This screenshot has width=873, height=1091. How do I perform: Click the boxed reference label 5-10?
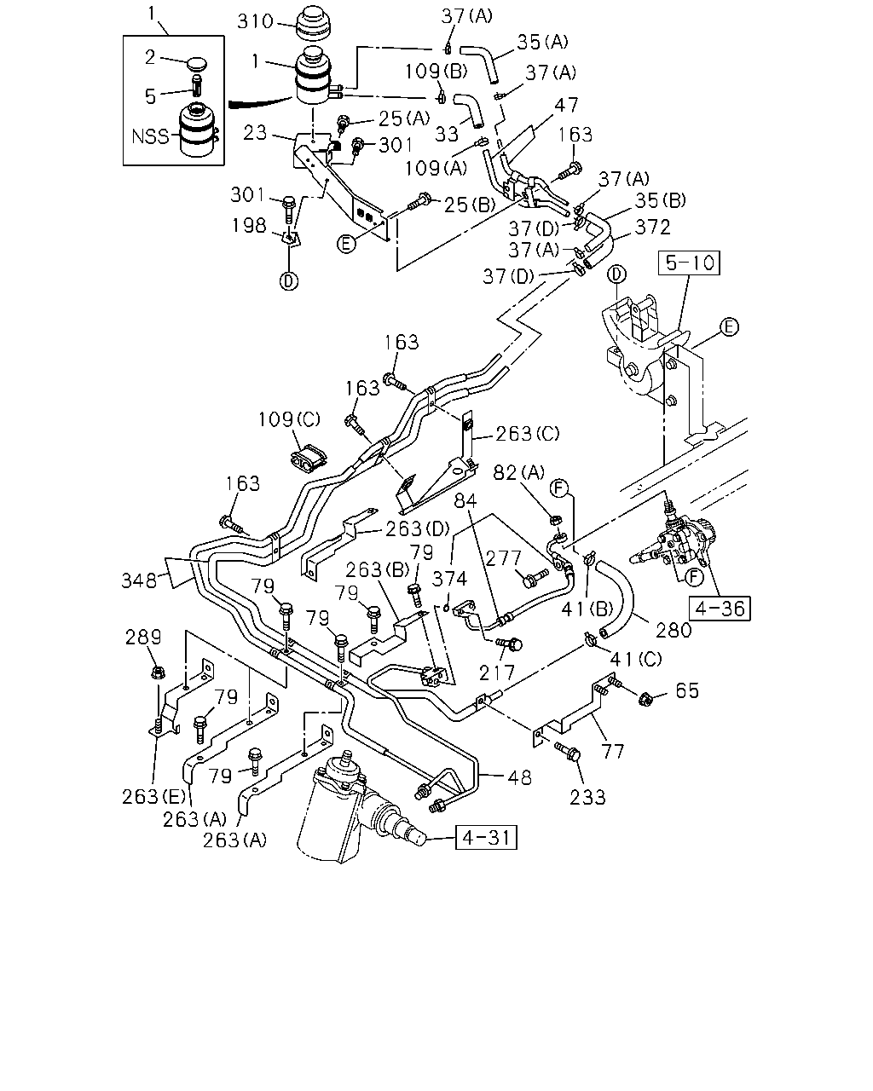[689, 263]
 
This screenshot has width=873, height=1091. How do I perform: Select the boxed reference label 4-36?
[720, 609]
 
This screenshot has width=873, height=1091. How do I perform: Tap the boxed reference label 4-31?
[486, 837]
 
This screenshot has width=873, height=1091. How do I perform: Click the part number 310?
[255, 21]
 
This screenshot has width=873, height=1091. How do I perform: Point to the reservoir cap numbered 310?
[313, 24]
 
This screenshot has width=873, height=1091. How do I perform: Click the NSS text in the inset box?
[150, 136]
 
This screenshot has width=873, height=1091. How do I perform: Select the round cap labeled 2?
[197, 65]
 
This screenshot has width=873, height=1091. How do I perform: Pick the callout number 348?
[139, 581]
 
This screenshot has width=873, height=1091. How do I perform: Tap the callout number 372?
[652, 227]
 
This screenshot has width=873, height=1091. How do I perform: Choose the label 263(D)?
[418, 529]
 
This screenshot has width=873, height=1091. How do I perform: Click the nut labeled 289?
[158, 672]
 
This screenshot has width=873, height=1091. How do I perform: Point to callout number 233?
[587, 798]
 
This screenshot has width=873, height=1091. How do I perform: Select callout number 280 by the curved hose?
[674, 630]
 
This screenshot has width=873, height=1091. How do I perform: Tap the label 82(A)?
[518, 473]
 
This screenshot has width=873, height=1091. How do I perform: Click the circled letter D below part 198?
[289, 281]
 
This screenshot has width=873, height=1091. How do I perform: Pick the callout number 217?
[497, 672]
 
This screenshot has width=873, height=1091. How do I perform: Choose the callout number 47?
[566, 105]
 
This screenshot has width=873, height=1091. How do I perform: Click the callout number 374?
[449, 579]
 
